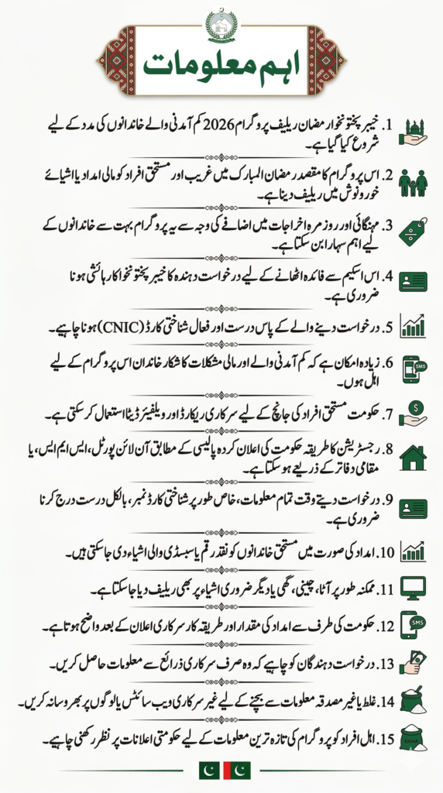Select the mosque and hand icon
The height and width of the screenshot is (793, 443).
[x=413, y=132]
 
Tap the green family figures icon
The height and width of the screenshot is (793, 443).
[x=413, y=183]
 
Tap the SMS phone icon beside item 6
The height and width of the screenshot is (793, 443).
[x=413, y=369]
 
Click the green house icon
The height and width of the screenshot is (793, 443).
[x=413, y=458]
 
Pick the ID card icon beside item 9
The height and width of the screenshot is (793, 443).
[x=413, y=509]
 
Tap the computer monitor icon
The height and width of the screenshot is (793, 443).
[x=413, y=588]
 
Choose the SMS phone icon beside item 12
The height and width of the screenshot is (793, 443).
[x=413, y=625]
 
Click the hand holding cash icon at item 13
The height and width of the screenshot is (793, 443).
[x=413, y=664]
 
